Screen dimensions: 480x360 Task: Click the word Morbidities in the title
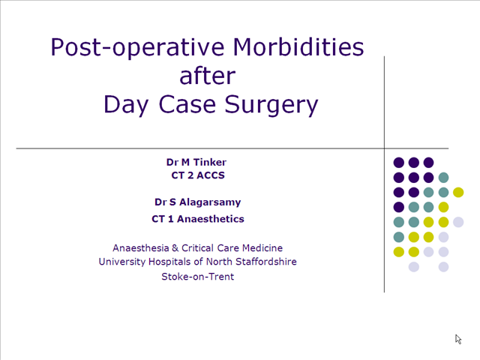(298, 47)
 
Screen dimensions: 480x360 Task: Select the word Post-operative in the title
(137, 48)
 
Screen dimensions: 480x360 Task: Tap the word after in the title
(208, 76)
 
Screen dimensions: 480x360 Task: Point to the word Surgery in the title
(271, 106)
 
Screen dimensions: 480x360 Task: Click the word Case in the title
(187, 104)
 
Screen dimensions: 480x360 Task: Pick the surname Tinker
(210, 162)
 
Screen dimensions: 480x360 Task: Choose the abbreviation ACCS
(211, 175)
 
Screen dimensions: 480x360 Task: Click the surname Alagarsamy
(210, 202)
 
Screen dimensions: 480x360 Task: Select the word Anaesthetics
(211, 219)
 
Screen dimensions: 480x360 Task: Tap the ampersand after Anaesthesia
(175, 248)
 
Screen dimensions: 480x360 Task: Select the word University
(122, 262)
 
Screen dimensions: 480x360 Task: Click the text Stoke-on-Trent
(198, 277)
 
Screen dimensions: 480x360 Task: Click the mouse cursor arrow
(458, 339)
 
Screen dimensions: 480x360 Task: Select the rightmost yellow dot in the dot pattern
(458, 192)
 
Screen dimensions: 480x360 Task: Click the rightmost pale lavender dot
(458, 222)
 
